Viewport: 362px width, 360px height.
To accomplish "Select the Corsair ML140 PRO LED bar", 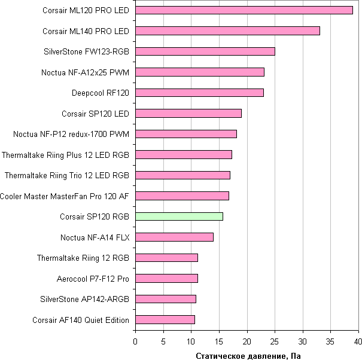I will pos(227,30).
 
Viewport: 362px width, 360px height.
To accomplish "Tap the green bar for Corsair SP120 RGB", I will pos(179,216).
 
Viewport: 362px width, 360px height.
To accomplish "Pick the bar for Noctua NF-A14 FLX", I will pos(174,237).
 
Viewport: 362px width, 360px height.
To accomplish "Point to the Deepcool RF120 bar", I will pos(199,93).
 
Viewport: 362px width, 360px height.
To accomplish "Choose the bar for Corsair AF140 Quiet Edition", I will pos(165,320).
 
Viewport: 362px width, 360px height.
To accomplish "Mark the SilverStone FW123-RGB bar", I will pos(205,51).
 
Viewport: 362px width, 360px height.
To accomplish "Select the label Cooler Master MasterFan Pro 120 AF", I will pos(65,196).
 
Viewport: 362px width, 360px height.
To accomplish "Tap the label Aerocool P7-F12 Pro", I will pos(93,279).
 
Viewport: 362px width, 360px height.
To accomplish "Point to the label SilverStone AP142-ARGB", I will pos(84,299).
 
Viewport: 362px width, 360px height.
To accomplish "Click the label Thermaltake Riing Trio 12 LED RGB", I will pos(67,175).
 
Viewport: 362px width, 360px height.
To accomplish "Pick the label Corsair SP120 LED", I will pos(96,113).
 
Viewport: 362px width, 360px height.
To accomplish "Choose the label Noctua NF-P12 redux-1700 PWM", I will pos(71,134).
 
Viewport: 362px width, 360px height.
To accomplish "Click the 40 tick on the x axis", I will pos(358,341).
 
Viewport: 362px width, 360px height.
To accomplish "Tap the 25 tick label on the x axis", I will pos(275,341).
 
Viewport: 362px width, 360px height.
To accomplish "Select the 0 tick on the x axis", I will pos(135,341).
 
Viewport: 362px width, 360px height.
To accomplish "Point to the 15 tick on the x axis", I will pos(219,341).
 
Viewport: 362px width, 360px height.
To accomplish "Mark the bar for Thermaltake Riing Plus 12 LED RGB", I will pos(184,155).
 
